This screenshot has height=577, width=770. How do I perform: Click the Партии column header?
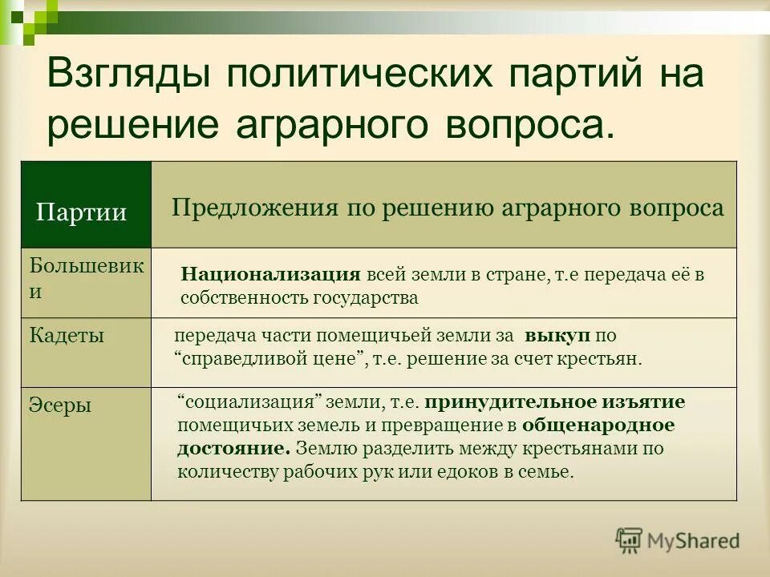(x=82, y=212)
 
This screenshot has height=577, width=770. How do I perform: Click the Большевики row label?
(x=87, y=278)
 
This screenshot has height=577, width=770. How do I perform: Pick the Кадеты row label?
(x=67, y=335)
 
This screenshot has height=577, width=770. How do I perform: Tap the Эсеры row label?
(x=60, y=405)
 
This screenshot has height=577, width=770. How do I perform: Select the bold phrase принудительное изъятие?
(x=556, y=401)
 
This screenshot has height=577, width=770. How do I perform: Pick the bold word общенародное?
(x=598, y=425)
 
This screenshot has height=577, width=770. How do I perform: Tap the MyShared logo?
(x=678, y=540)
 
